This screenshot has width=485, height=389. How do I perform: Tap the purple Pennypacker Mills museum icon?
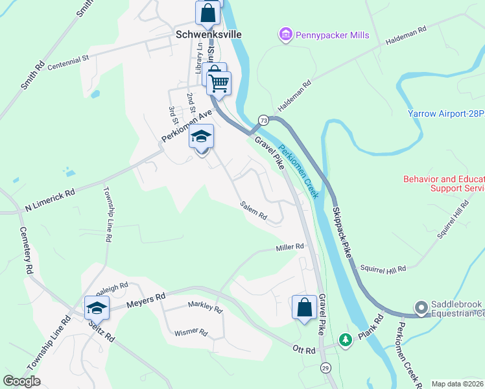285,34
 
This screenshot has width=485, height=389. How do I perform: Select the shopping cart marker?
219,82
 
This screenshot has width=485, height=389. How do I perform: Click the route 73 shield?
263,121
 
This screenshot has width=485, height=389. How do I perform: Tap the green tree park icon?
346,340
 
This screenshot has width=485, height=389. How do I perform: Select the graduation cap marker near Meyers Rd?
97,307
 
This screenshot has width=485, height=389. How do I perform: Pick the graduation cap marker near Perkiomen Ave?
201,137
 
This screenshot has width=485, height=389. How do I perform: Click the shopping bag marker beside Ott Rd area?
304,307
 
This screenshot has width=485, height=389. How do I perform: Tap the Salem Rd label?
253,211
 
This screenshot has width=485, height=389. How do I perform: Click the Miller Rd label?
290,247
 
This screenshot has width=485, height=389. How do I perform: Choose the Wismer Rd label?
191,333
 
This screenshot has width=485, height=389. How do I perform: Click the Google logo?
22,381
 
